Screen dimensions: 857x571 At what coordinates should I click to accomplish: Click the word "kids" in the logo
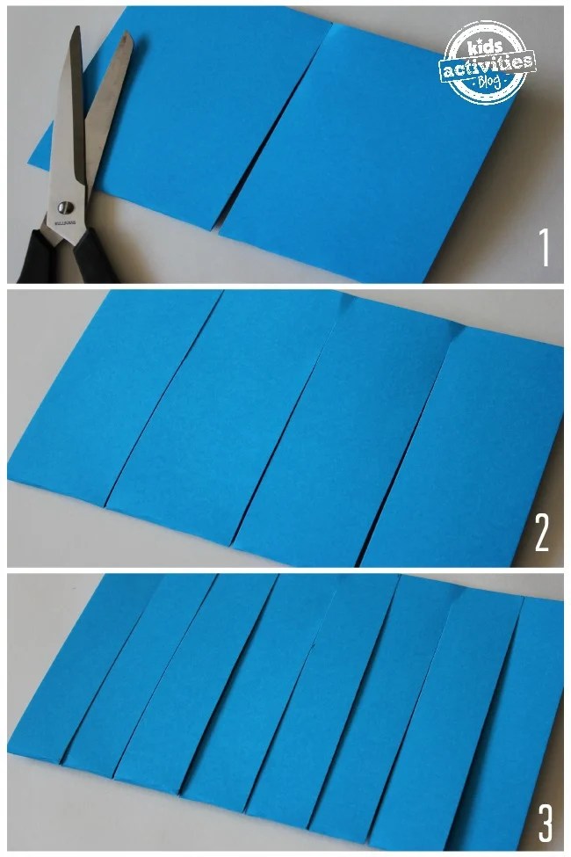486,43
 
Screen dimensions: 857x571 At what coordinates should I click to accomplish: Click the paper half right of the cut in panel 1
369,149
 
